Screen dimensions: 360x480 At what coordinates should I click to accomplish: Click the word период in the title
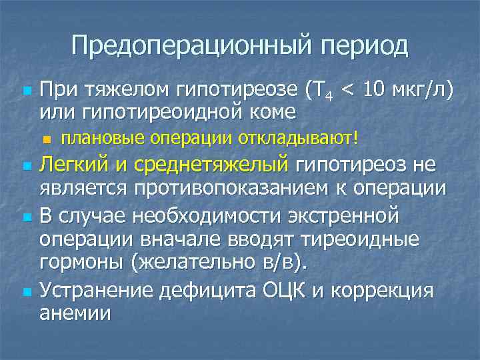click(x=365, y=46)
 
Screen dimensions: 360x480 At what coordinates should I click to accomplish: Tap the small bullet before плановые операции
click(x=46, y=139)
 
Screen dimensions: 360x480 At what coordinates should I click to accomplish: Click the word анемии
click(x=75, y=313)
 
